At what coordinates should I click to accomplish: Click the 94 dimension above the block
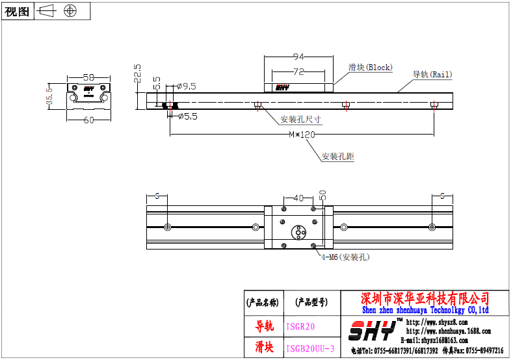pos(298,56)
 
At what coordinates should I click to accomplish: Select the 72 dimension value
pos(298,71)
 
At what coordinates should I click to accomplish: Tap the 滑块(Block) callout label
pos(370,67)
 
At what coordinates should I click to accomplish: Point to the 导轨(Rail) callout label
pos(432,75)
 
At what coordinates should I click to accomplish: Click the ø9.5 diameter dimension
pos(186,86)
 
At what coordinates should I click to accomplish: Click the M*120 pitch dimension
pos(302,135)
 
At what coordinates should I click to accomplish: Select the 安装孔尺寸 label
pos(300,120)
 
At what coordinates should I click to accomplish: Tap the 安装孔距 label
pos(338,157)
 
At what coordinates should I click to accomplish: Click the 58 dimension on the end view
pos(89,77)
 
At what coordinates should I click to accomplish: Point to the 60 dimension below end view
pos(89,120)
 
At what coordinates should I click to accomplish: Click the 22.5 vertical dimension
pos(137,73)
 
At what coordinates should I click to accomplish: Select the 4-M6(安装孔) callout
pos(345,257)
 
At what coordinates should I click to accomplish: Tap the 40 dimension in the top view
pos(298,198)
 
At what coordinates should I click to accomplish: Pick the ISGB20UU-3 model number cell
pos(310,348)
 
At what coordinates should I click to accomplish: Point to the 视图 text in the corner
pos(17,11)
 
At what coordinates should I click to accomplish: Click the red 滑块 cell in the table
pos(263,348)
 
